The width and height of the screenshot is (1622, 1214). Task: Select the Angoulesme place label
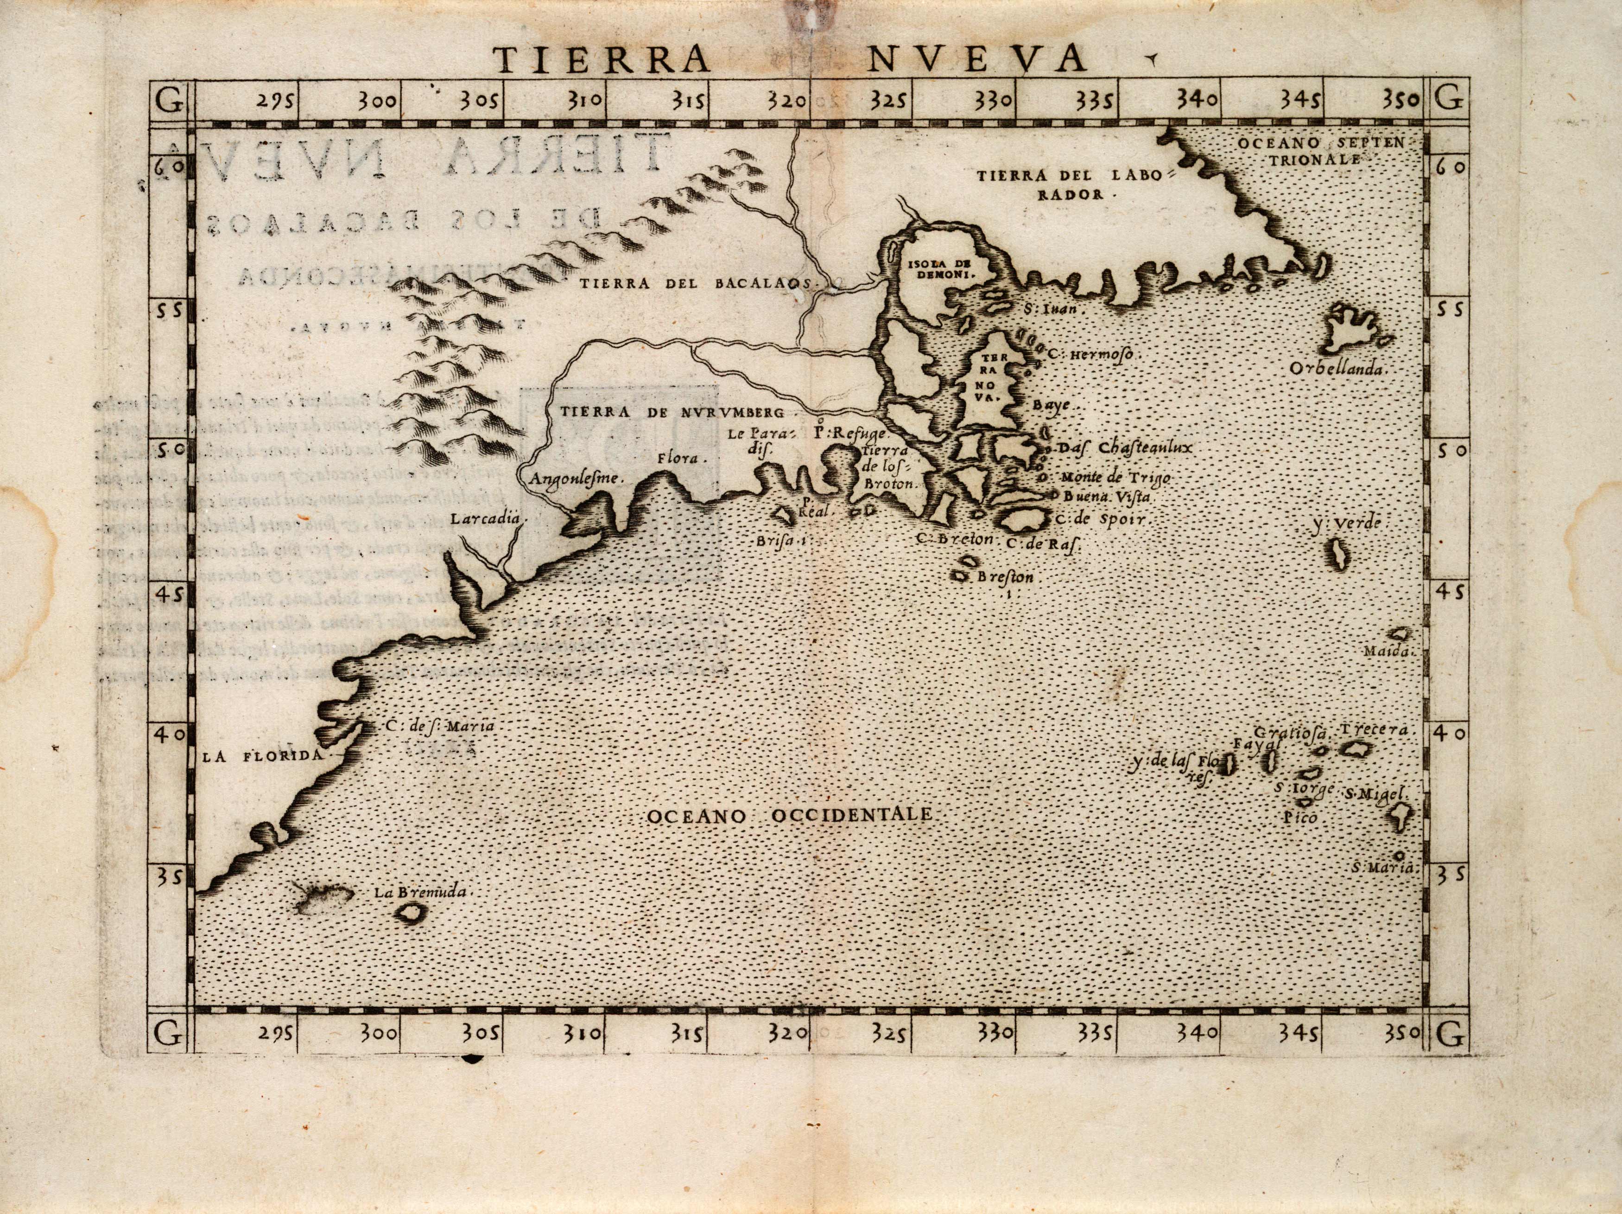tap(574, 478)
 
